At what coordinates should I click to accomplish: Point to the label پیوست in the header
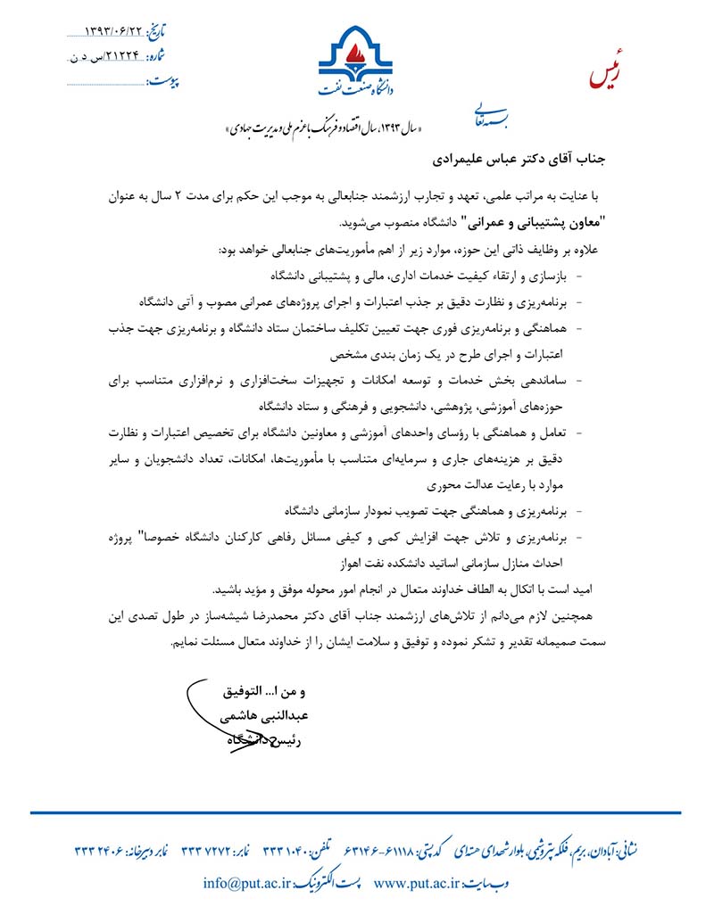[x=162, y=83]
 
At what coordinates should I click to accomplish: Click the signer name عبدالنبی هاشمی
[x=255, y=715]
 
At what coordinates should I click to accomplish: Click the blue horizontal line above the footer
[x=357, y=812]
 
